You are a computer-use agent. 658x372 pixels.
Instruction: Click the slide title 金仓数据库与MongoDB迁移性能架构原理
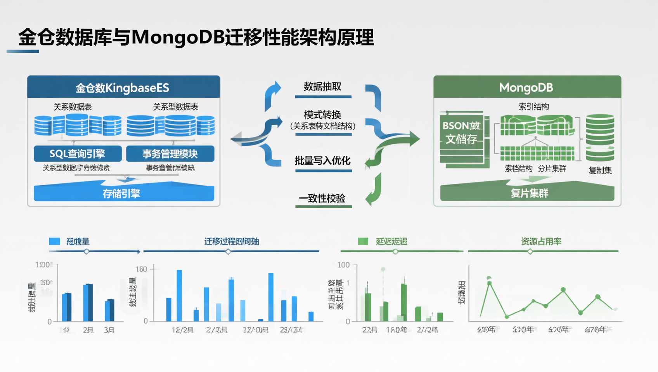[x=196, y=38]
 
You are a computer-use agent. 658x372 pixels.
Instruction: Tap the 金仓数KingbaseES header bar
[x=123, y=88]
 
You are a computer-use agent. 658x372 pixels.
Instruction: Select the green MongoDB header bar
[x=527, y=88]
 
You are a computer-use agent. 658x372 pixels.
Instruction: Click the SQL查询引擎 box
[x=78, y=154]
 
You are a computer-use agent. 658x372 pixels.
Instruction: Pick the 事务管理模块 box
[x=170, y=154]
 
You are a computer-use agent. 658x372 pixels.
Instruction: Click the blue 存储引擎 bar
[x=123, y=193]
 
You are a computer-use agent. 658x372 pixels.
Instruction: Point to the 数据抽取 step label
[x=322, y=86]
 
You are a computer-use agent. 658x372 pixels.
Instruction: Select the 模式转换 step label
[x=322, y=115]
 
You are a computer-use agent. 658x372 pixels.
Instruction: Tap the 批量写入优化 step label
[x=322, y=161]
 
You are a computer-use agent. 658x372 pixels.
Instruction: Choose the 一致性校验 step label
[x=322, y=198]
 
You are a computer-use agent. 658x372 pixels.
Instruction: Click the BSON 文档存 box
[x=462, y=133]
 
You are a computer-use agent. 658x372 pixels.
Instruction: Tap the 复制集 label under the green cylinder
[x=600, y=170]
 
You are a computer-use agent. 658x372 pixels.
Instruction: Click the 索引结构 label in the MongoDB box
[x=534, y=107]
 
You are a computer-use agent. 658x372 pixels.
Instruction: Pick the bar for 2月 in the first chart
[x=88, y=303]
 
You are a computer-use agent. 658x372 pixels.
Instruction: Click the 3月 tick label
[x=109, y=330]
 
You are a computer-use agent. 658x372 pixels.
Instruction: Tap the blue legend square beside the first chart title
[x=55, y=241]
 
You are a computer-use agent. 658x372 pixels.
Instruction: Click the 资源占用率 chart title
[x=541, y=241]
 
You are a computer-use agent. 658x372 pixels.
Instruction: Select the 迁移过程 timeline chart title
[x=232, y=241]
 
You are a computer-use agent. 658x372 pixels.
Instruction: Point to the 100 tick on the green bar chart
[x=343, y=265]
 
